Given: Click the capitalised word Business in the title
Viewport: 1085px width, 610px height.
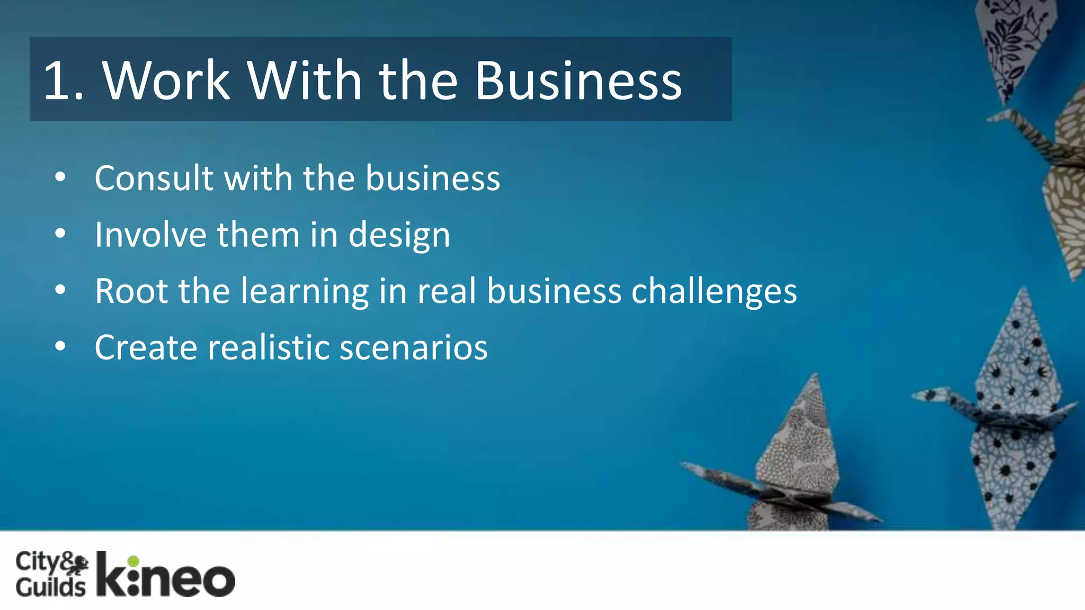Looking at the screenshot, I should [578, 80].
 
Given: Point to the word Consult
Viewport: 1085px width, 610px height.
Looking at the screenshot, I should [154, 178].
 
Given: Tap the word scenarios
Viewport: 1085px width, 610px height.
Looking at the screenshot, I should [413, 348].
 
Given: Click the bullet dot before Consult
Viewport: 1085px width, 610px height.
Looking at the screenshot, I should [60, 177].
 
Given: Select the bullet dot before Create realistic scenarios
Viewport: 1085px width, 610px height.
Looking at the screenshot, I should [60, 347].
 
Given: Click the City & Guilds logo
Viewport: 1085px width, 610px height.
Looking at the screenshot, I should [51, 574].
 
